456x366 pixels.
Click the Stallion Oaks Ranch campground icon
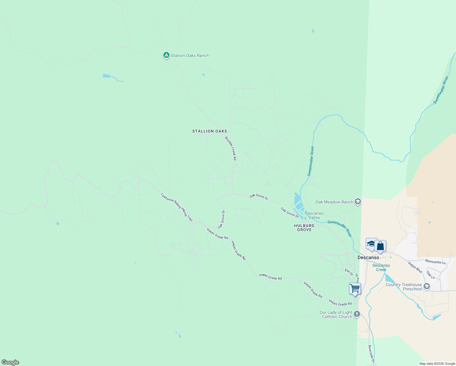(166, 55)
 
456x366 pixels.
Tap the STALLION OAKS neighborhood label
(210, 131)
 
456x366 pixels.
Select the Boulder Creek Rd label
(231, 148)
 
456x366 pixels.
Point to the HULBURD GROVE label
(304, 228)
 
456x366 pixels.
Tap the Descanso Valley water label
(314, 215)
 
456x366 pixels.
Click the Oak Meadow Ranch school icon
(358, 202)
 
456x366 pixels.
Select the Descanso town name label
(368, 257)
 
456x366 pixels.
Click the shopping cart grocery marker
(355, 288)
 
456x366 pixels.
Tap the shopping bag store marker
(380, 246)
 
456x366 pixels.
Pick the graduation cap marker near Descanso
(371, 244)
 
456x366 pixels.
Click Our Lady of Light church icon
(357, 314)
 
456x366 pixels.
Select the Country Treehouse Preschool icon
(427, 286)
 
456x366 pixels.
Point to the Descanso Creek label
(381, 267)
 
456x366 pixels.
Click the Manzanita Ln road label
(435, 262)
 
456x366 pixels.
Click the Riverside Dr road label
(371, 354)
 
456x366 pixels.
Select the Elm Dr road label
(349, 272)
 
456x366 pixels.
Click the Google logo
(10, 362)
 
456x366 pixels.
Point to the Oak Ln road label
(431, 275)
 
